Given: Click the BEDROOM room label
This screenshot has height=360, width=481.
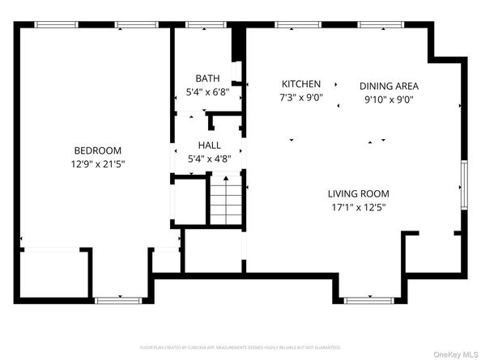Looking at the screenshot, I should point(97,150).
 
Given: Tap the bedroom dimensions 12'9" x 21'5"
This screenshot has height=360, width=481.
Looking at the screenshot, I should point(97,163).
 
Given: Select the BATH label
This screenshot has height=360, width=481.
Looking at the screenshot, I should point(207,78).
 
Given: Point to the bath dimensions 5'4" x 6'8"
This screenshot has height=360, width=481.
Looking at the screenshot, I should point(207,91).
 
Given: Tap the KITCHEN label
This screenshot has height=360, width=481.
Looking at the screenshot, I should point(301,84).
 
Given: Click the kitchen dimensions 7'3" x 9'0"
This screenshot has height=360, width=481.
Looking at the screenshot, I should point(301,97).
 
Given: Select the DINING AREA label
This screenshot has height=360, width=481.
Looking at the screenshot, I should point(389,86).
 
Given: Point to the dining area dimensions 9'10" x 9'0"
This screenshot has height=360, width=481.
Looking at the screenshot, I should point(389,101).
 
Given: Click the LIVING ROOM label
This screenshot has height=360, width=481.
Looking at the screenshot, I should point(358,194).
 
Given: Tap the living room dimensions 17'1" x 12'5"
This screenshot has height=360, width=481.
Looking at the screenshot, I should point(358,207).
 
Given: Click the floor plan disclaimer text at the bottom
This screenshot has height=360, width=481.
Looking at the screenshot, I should point(240,346).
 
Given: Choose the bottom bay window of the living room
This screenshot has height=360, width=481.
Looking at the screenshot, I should point(368,300).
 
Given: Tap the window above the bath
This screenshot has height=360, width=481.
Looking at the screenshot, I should point(206,25).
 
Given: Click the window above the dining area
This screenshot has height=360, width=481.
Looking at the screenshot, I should point(378,25).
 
